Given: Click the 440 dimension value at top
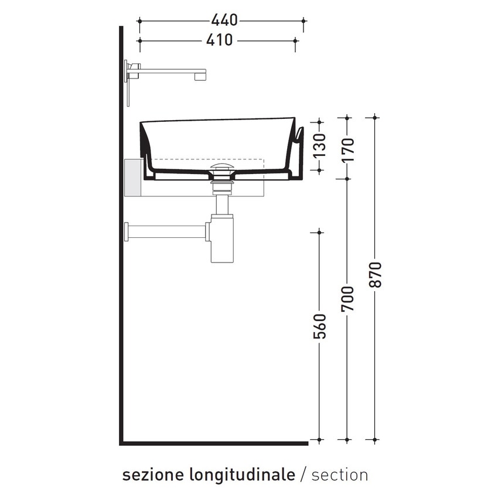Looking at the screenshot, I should pos(224,21).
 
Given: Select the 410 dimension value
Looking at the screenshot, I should pos(220,40).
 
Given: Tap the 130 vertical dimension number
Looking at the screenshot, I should pos(319,146).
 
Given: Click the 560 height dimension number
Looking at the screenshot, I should pos(319,326).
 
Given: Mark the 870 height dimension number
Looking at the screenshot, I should pos(376,274).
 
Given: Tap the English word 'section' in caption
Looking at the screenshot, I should pos(340,475).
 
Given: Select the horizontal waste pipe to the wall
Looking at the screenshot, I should pos(167,231).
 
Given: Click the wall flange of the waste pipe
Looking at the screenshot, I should pos(126,231).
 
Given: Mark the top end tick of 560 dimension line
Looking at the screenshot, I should pos(319,233).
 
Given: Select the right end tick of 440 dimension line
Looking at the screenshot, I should pos(303,21).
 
